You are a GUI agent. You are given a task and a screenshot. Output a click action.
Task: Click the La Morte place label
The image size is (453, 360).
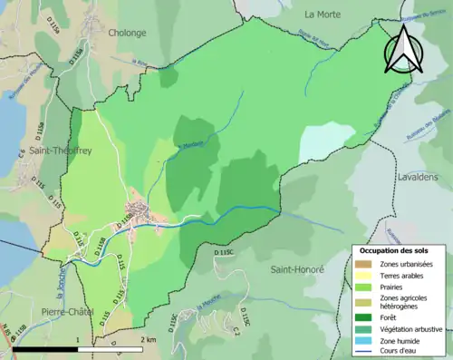(322, 14)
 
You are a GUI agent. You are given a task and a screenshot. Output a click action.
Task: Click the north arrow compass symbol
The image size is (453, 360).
(402, 49)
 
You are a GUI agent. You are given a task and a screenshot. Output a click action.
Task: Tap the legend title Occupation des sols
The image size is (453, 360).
(397, 249)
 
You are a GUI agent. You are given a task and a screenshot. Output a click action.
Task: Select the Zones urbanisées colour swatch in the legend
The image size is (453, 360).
(362, 264)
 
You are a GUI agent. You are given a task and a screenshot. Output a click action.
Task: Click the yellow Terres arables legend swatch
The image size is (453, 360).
(362, 276)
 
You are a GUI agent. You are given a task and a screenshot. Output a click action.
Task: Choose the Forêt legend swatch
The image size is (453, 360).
(362, 316)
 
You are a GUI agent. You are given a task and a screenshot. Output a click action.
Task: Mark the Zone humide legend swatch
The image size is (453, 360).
(362, 338)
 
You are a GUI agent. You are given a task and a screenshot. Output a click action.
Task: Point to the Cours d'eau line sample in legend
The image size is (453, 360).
(362, 349)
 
